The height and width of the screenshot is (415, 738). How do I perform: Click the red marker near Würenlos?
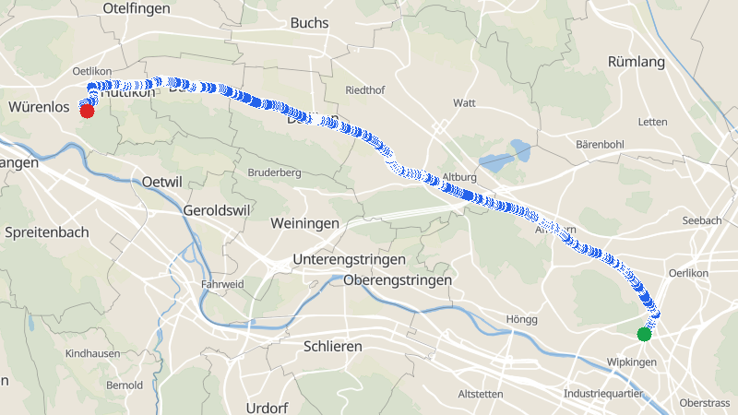click(87, 112)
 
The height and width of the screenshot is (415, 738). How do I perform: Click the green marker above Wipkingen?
click(644, 334)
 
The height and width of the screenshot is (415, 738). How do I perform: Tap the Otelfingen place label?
click(138, 7)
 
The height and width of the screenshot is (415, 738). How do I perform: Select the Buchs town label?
click(309, 22)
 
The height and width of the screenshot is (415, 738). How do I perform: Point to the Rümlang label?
click(637, 62)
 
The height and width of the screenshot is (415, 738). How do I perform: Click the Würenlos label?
click(40, 108)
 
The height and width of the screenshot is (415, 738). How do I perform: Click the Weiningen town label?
click(304, 223)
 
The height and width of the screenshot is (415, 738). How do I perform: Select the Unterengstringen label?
click(350, 260)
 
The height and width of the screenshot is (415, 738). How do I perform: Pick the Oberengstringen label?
click(397, 279)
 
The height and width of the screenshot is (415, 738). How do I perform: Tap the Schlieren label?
click(332, 346)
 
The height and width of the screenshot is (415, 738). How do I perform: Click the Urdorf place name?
click(268, 408)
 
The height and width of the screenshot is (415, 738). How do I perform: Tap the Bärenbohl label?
click(600, 145)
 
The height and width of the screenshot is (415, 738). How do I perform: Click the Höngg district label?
click(521, 319)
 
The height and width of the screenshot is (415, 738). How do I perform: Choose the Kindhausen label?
click(92, 354)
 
